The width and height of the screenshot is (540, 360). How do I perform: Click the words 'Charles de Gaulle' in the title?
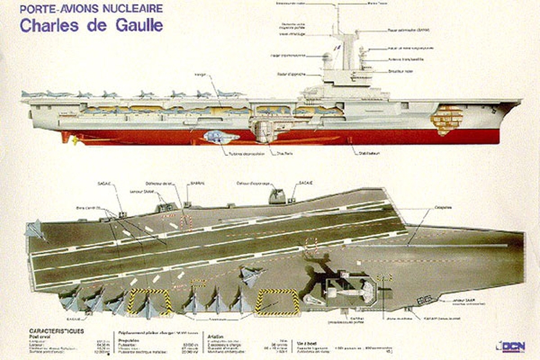91,26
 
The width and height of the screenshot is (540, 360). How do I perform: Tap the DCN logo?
510,345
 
